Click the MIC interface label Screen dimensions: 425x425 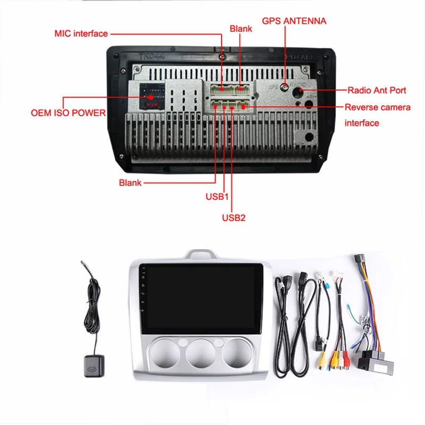[x=81, y=33]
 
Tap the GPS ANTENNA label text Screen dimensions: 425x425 [x=294, y=21]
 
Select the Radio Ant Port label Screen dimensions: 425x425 [x=377, y=90]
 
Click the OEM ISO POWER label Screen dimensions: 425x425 [x=68, y=113]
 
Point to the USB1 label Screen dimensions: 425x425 [x=217, y=197]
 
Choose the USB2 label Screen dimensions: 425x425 [x=233, y=217]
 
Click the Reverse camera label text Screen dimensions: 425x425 [x=377, y=107]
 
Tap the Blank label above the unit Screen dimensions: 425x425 [x=241, y=28]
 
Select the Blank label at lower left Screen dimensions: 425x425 [x=130, y=183]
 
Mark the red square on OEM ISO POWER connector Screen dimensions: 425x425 [x=151, y=97]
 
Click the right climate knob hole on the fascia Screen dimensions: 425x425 [x=237, y=353]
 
